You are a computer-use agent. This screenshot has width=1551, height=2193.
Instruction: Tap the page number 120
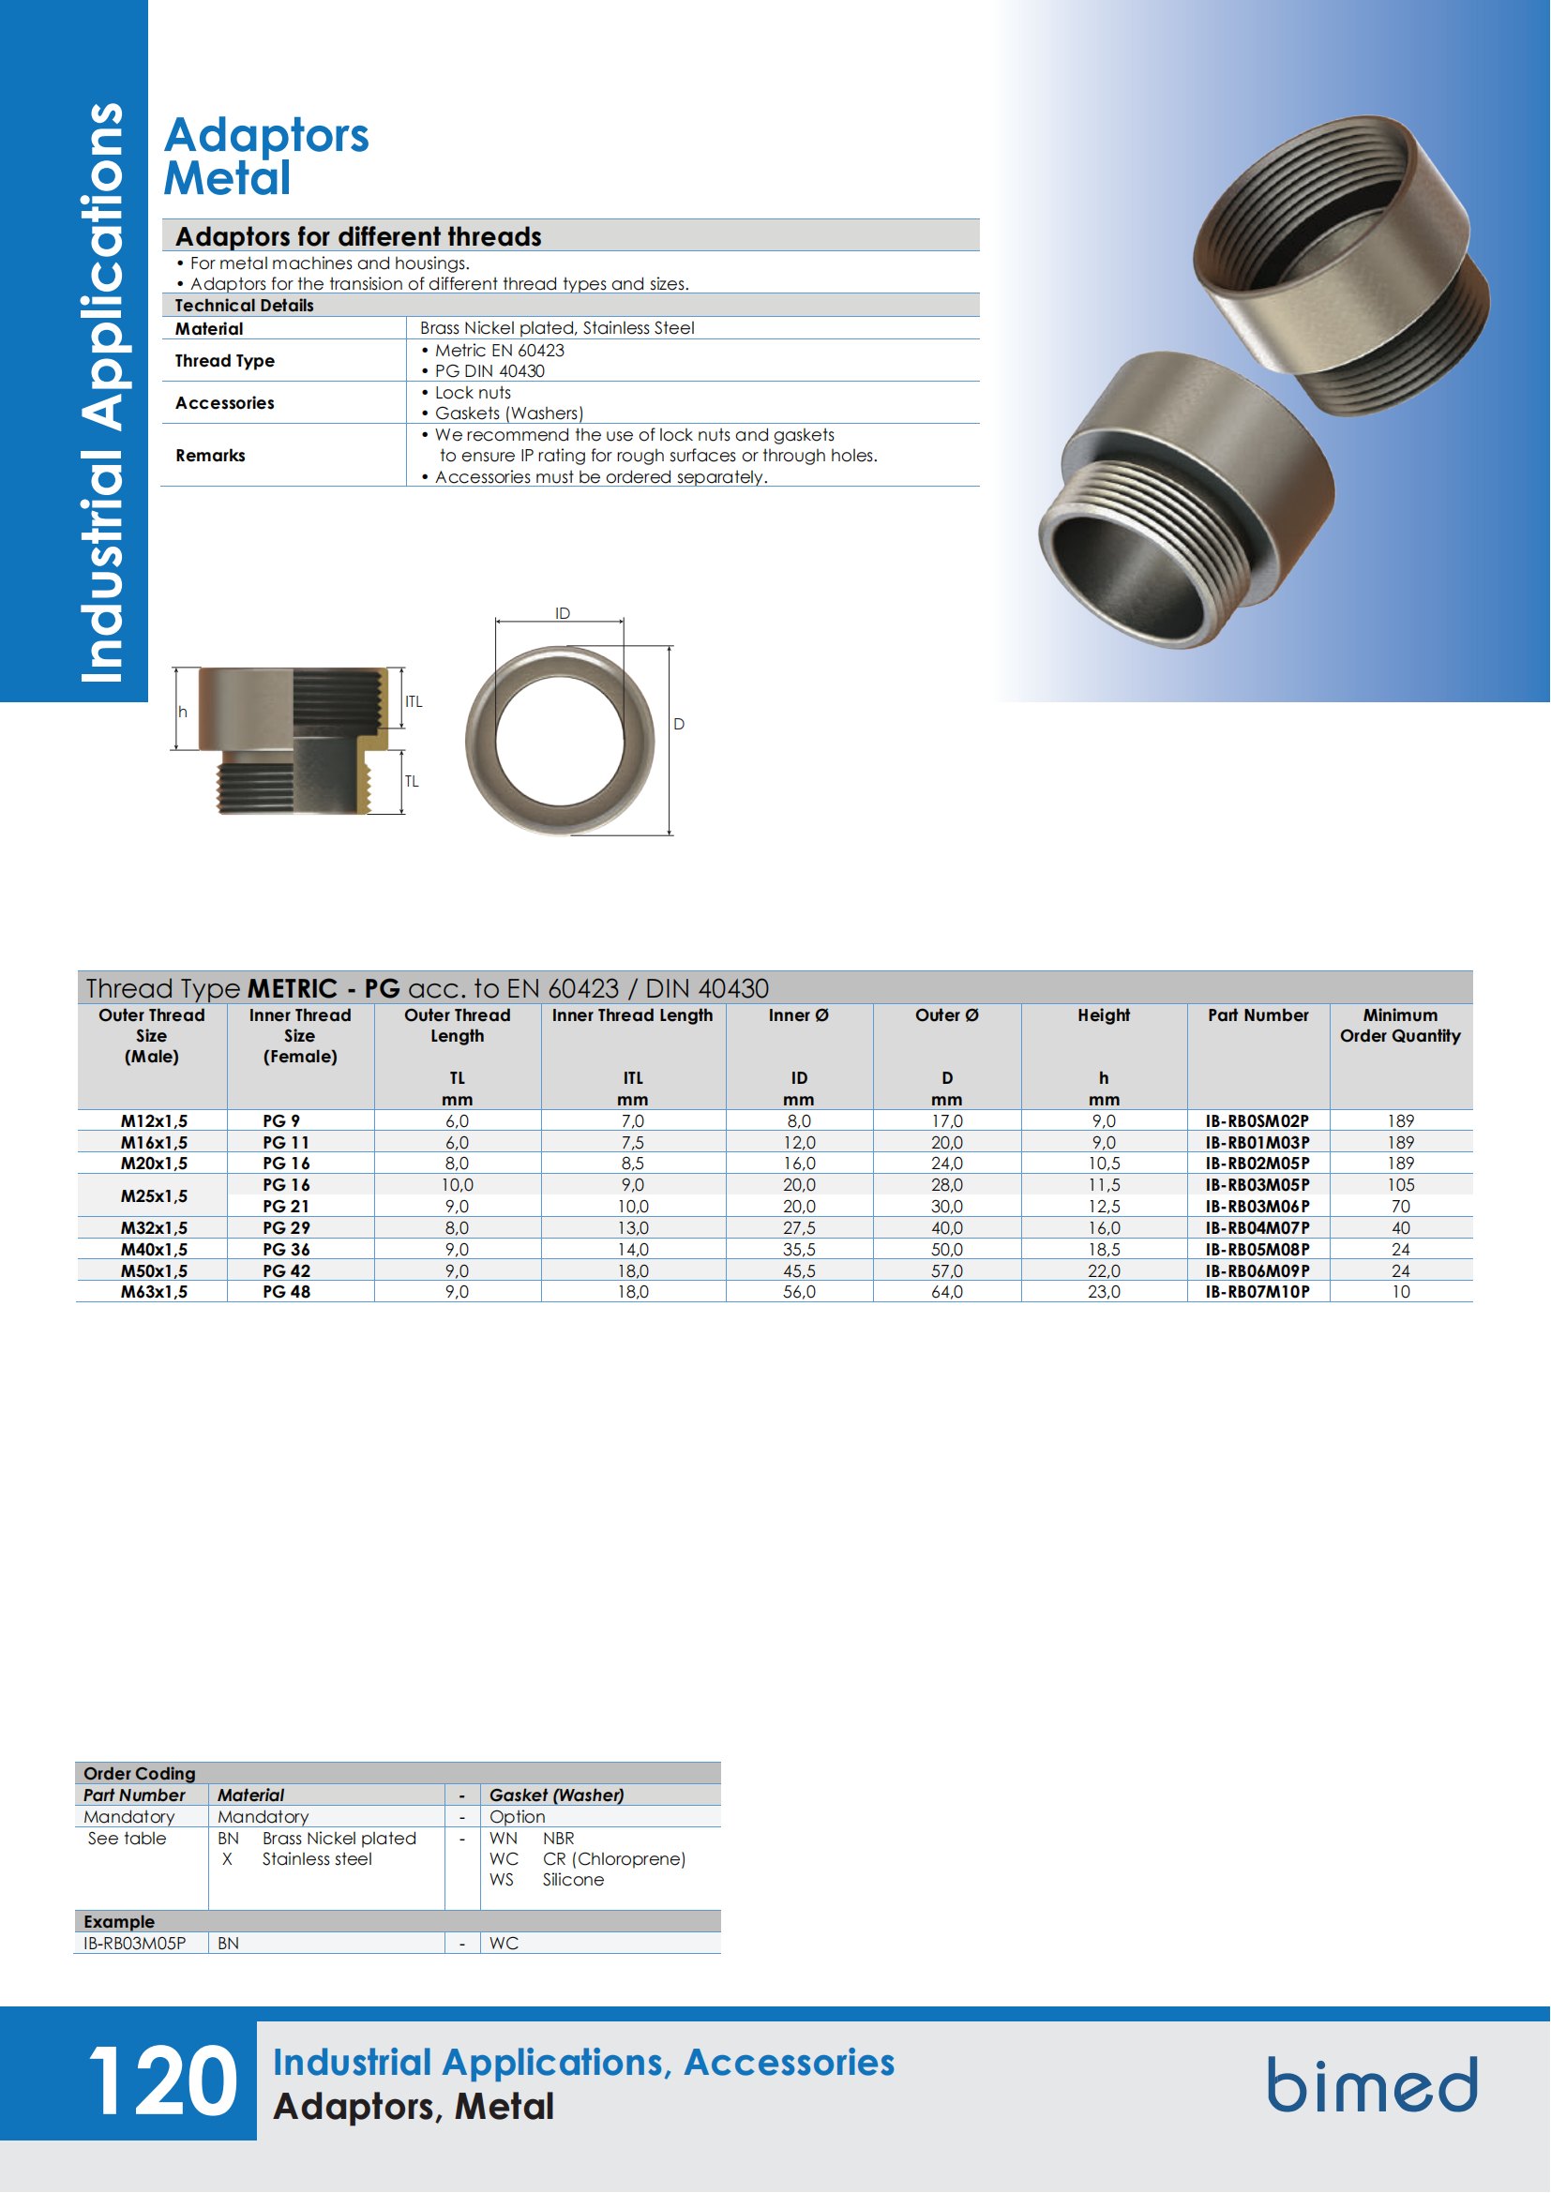pos(162,2082)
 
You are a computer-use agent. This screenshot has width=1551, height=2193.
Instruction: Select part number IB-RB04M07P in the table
pos(1257,1228)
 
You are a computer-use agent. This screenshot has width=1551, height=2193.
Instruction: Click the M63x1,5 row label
pos(154,1292)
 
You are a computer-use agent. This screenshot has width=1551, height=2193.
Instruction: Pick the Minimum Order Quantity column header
pos(1400,1026)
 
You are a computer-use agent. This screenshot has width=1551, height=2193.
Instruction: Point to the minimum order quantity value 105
pos(1400,1185)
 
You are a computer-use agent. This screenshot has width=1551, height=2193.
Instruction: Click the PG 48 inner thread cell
pos(287,1292)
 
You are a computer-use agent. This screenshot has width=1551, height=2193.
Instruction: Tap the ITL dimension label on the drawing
pos(414,702)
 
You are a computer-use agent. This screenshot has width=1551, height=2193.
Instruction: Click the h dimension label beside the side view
pos(183,713)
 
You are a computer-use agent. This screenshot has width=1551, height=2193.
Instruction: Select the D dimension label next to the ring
pos(679,725)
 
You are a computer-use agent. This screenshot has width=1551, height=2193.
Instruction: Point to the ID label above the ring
pos(563,613)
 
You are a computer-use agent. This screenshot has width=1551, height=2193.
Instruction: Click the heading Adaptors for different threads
pos(358,236)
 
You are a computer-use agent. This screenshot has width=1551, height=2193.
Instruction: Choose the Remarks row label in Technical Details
pos(210,456)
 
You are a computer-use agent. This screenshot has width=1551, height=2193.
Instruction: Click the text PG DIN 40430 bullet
pos(489,371)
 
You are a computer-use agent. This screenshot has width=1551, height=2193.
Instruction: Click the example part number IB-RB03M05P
pos(135,1944)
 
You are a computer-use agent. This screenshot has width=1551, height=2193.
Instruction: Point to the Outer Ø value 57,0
pos(946,1271)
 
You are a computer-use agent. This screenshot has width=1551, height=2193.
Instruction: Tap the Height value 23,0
pos(1103,1292)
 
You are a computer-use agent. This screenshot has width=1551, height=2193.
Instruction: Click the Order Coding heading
pos(140,1774)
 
